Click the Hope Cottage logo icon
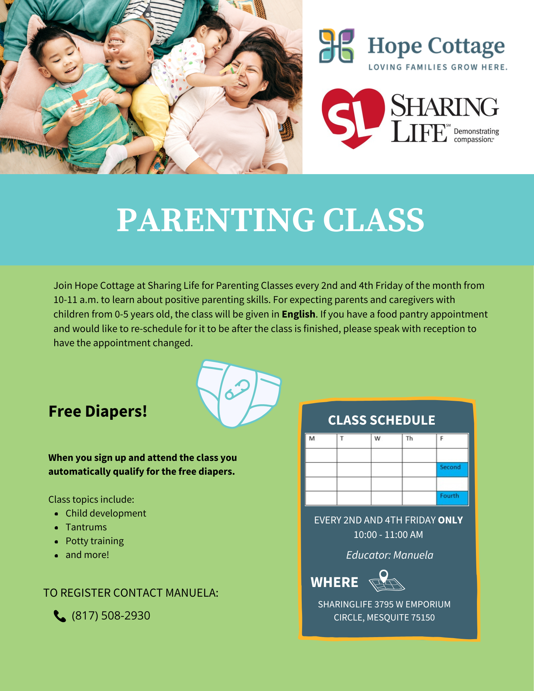336,46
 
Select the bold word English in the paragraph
298,314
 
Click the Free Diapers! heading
98,411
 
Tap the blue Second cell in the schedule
452,470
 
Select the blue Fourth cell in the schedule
452,498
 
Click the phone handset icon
60,616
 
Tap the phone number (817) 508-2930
111,616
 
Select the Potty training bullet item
95,541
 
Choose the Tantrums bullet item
86,527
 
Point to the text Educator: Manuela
390,555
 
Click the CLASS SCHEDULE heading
382,420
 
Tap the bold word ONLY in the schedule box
450,520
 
